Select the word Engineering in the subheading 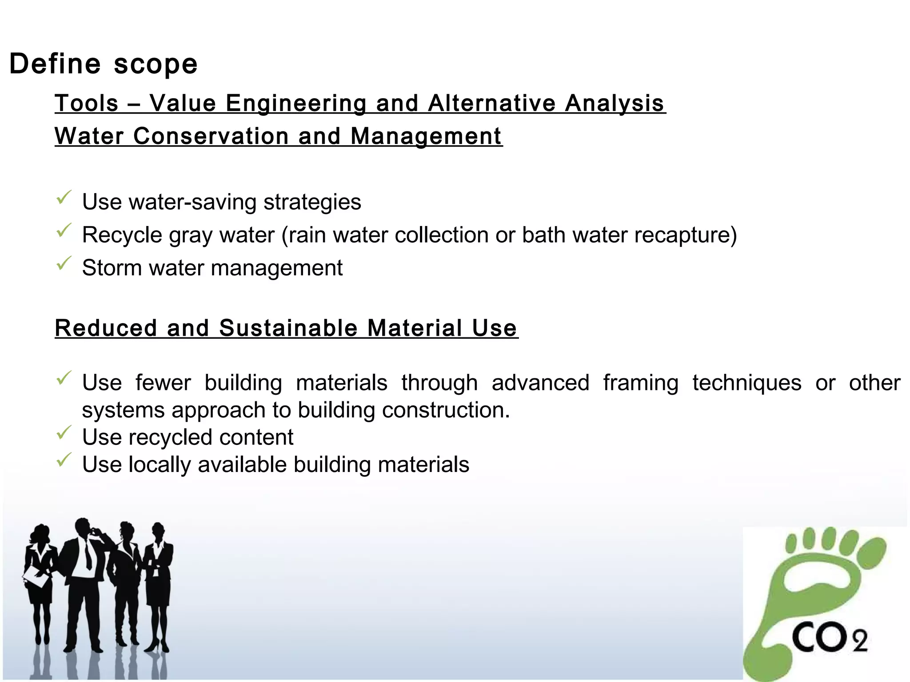296,103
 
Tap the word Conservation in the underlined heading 211,136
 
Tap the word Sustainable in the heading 288,328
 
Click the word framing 641,383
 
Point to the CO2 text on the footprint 829,638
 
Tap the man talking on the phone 84,577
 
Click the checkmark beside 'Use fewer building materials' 64,378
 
